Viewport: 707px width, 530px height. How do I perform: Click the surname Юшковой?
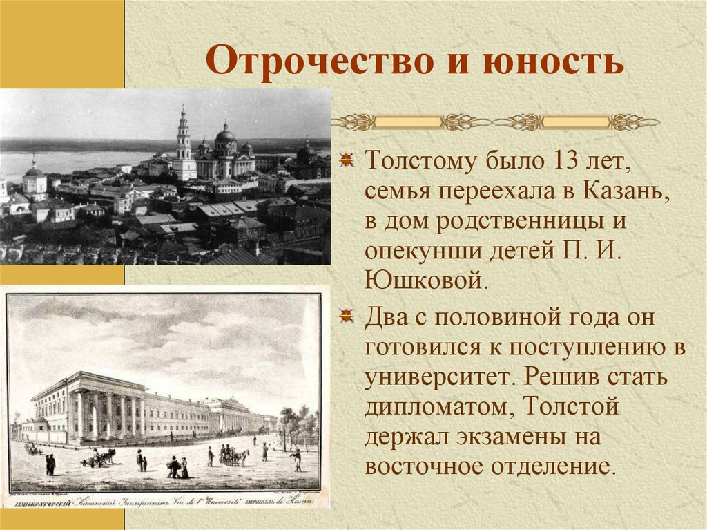pyautogui.click(x=429, y=280)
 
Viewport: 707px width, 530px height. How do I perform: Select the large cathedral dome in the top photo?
pyautogui.click(x=225, y=135)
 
